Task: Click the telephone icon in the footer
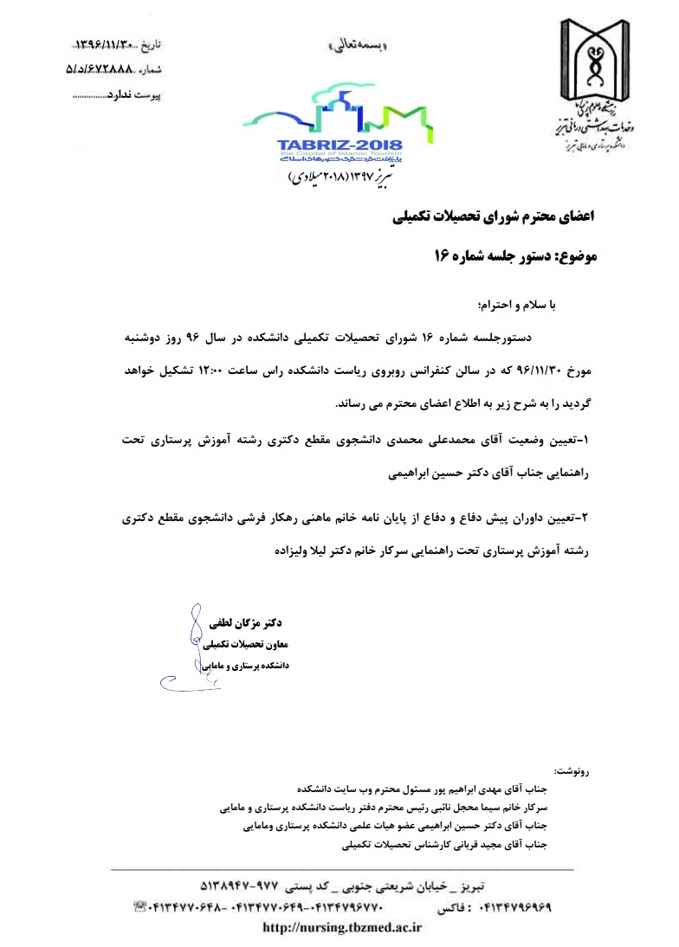(x=139, y=907)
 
